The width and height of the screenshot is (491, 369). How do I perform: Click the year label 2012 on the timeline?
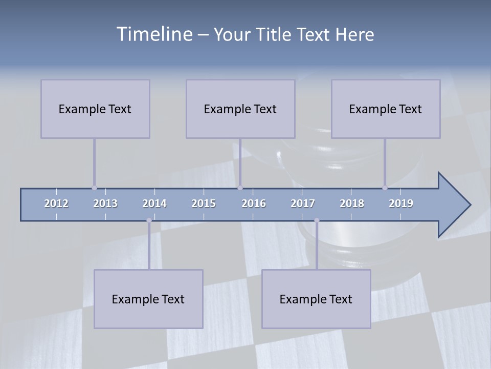click(x=56, y=203)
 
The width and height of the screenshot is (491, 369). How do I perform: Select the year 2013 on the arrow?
click(x=105, y=203)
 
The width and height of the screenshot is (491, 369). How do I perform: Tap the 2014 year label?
click(x=154, y=203)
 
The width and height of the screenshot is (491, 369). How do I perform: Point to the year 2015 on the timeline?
click(x=204, y=203)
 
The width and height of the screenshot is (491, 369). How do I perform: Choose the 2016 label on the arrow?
click(x=254, y=203)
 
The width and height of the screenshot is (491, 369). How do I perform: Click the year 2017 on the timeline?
click(x=303, y=203)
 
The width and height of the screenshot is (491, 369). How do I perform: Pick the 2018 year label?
click(x=352, y=203)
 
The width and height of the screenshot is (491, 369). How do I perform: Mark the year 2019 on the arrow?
click(x=401, y=203)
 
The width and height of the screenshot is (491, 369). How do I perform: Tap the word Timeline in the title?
click(x=154, y=34)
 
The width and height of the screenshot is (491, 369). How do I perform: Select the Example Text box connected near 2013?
click(x=95, y=109)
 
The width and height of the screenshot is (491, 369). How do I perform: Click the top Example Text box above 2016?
click(x=240, y=109)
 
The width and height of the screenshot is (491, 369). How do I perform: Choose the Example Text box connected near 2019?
click(x=386, y=109)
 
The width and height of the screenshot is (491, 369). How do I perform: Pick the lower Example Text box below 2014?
click(x=148, y=299)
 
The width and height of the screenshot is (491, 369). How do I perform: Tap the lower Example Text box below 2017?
click(x=316, y=299)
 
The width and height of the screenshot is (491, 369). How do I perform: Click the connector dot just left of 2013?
click(x=94, y=188)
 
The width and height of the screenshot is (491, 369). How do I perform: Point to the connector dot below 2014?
click(x=149, y=220)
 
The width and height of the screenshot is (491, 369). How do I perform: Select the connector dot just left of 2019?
click(x=385, y=188)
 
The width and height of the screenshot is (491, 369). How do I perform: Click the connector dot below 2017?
click(x=317, y=220)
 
